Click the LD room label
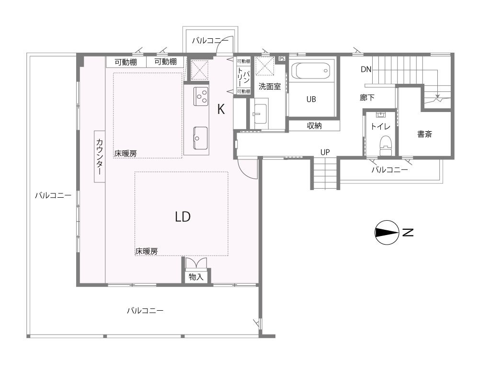pos(182,216)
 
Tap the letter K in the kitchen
pos(221,109)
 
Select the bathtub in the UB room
pos(311,71)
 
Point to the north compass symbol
pos(387,232)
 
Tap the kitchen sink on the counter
pos(200,138)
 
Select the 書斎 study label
pos(424,134)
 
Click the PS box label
pos(281,58)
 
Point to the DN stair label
pos(366,69)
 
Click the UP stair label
pos(325,152)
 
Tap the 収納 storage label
pos(314,125)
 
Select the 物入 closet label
pos(196,277)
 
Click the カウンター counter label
pos(100,157)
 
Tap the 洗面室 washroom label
pos(269,87)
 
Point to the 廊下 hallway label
pos(367,97)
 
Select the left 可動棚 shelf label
pos(125,62)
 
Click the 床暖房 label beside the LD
pos(146,251)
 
